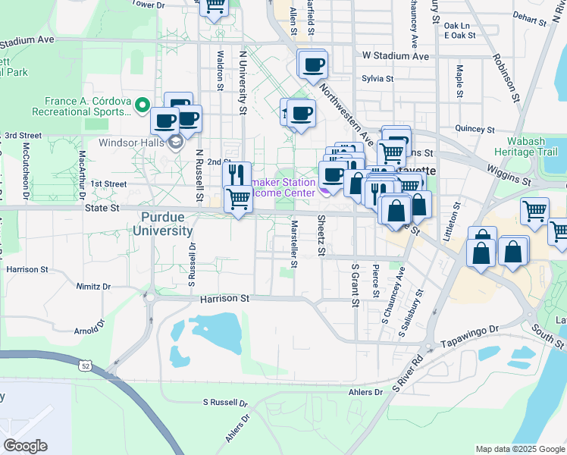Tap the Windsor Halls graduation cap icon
(176, 142)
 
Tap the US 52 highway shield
(84, 366)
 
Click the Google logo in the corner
(25, 446)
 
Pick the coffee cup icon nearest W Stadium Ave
(312, 64)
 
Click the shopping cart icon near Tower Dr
(214, 7)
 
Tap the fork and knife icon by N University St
(237, 174)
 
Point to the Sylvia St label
(377, 78)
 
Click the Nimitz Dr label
(93, 287)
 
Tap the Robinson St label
(506, 78)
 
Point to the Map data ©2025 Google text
(519, 449)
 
